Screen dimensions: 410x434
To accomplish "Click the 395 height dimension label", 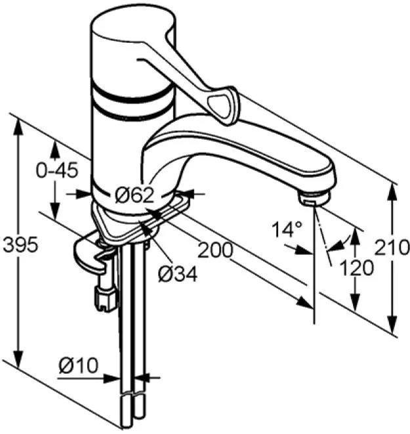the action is point(20,244).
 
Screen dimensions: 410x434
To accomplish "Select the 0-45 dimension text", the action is point(57,170).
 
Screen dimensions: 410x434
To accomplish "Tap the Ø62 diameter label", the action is point(134,195).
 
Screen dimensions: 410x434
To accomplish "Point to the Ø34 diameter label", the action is point(178,274).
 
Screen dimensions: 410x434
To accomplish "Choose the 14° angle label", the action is point(287,229).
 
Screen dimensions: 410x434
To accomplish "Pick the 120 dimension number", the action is point(356,268).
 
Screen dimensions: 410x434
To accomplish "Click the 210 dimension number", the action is point(392,247).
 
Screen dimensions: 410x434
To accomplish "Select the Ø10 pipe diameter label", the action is point(79,365).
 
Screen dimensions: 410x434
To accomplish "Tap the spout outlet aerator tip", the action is point(314,198).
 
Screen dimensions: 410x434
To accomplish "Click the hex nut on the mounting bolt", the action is point(106,298).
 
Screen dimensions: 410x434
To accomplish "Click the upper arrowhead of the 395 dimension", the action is point(18,128).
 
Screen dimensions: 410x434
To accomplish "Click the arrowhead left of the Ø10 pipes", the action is point(112,378).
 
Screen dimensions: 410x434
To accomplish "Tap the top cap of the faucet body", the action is point(133,24).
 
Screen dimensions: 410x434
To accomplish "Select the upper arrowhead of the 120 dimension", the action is point(356,236).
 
